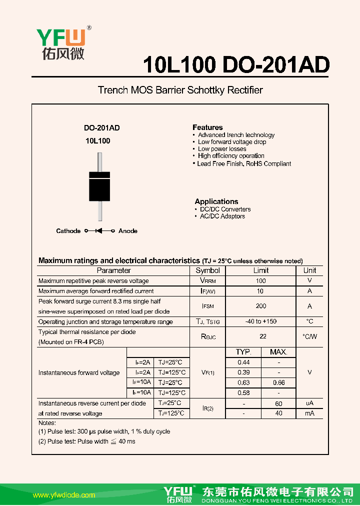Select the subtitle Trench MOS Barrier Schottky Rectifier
coord(180,90)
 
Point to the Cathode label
coord(68,231)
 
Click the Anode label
coord(128,231)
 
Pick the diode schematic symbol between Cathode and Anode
coord(99,231)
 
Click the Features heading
coord(207,127)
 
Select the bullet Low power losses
coord(222,149)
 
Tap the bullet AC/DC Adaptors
coord(222,216)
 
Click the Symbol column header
coord(207,270)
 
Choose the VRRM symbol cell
coord(207,281)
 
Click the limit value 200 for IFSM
coord(260,306)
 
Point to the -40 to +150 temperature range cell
coord(260,321)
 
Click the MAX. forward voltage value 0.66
coord(278,382)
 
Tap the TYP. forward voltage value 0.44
coord(243,362)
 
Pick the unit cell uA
coord(309,403)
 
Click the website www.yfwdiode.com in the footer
coord(63,495)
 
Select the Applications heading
coord(216,201)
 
